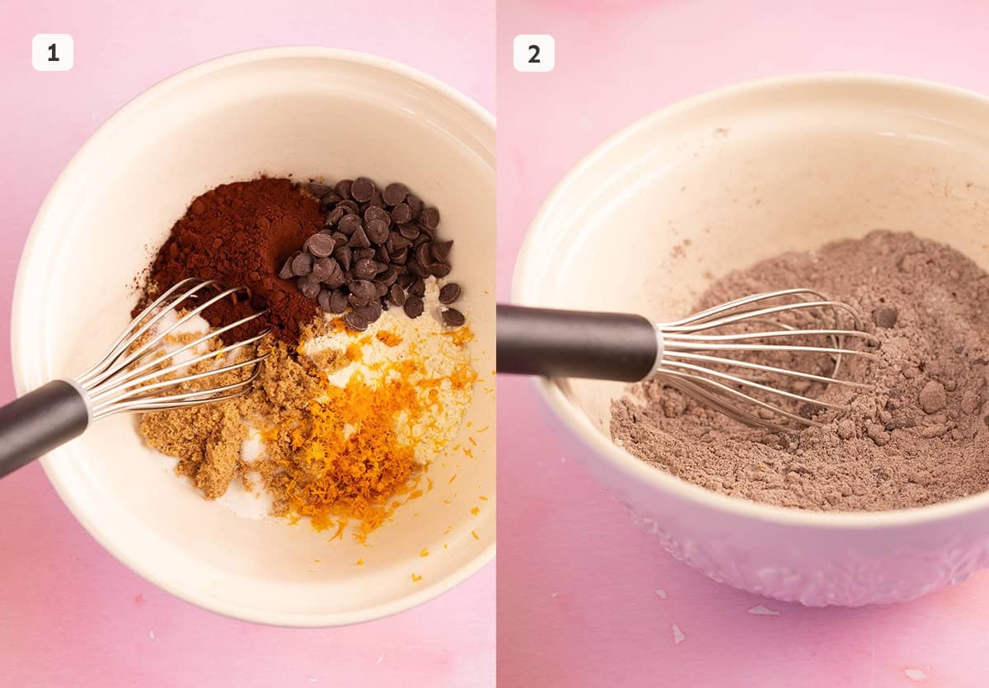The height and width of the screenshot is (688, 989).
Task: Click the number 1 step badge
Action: click(x=53, y=53)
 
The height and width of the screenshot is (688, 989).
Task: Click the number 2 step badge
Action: click(x=534, y=54)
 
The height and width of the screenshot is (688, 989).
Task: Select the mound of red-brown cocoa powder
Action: click(x=234, y=251)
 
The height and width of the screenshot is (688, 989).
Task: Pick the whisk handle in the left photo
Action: click(x=42, y=426)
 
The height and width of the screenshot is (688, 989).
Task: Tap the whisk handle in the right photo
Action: click(x=576, y=342)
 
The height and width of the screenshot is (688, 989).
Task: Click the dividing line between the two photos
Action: click(x=496, y=344)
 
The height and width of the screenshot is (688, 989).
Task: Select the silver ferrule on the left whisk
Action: click(x=86, y=400)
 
